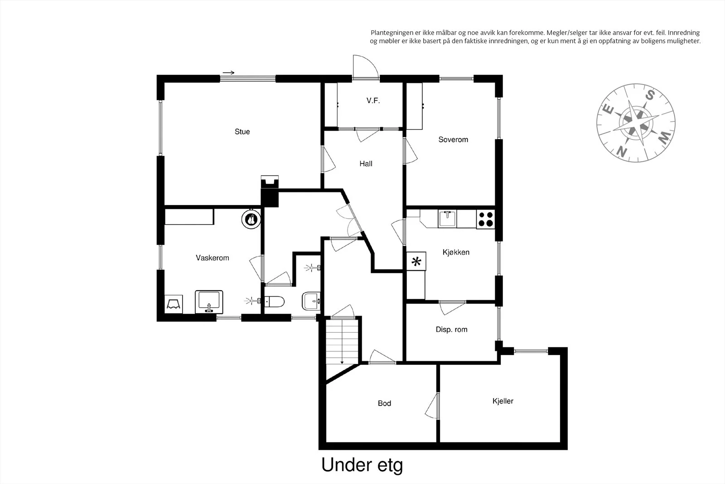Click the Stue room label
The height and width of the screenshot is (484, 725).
tap(242, 132)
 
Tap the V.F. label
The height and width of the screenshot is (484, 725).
tap(373, 101)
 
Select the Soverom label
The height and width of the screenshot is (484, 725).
tap(453, 139)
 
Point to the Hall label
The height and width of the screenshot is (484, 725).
tap(366, 163)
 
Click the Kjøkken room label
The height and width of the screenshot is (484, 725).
tap(456, 252)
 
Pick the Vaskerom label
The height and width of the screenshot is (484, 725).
tap(213, 258)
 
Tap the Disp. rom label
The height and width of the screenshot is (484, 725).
tap(451, 330)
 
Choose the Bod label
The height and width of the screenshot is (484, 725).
tap(385, 403)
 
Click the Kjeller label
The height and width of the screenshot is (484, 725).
tap(503, 401)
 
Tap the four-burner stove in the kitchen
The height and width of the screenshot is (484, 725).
tap(485, 219)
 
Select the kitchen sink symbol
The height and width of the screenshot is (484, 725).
tap(447, 219)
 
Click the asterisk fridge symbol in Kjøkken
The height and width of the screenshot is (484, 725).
tap(416, 261)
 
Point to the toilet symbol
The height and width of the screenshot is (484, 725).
tap(274, 302)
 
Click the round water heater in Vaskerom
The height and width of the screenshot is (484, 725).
tap(251, 220)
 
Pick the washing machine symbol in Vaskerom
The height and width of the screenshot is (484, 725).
tap(174, 304)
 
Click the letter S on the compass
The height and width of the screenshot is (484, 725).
tap(650, 96)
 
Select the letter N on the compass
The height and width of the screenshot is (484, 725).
tap(621, 151)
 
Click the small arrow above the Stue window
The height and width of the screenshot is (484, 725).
tap(228, 72)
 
